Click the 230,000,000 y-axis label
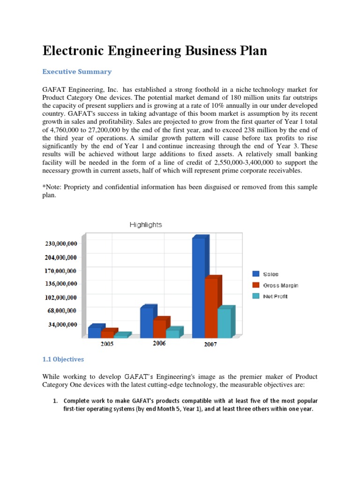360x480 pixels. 61,244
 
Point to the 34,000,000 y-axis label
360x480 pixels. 63,324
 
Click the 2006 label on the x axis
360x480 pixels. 159,344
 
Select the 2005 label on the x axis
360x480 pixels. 107,344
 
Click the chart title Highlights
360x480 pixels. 145,225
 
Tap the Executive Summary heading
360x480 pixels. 77,72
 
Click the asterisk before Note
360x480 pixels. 44,187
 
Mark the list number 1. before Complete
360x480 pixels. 54,401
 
